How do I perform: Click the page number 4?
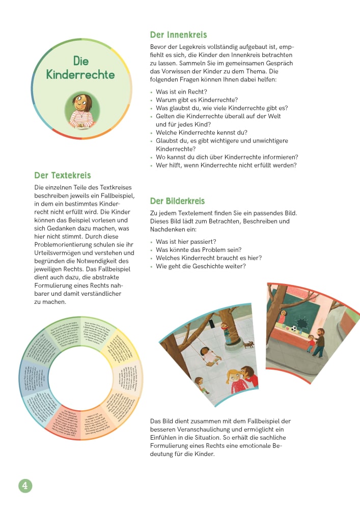(25, 485)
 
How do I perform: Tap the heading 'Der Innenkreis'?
(178, 35)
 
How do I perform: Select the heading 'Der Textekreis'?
(62, 176)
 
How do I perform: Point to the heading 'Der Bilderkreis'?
(177, 201)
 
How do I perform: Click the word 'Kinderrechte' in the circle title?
(80, 75)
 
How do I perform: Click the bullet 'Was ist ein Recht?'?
(178, 92)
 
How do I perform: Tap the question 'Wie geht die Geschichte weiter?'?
(201, 266)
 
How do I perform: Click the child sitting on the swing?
(207, 353)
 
